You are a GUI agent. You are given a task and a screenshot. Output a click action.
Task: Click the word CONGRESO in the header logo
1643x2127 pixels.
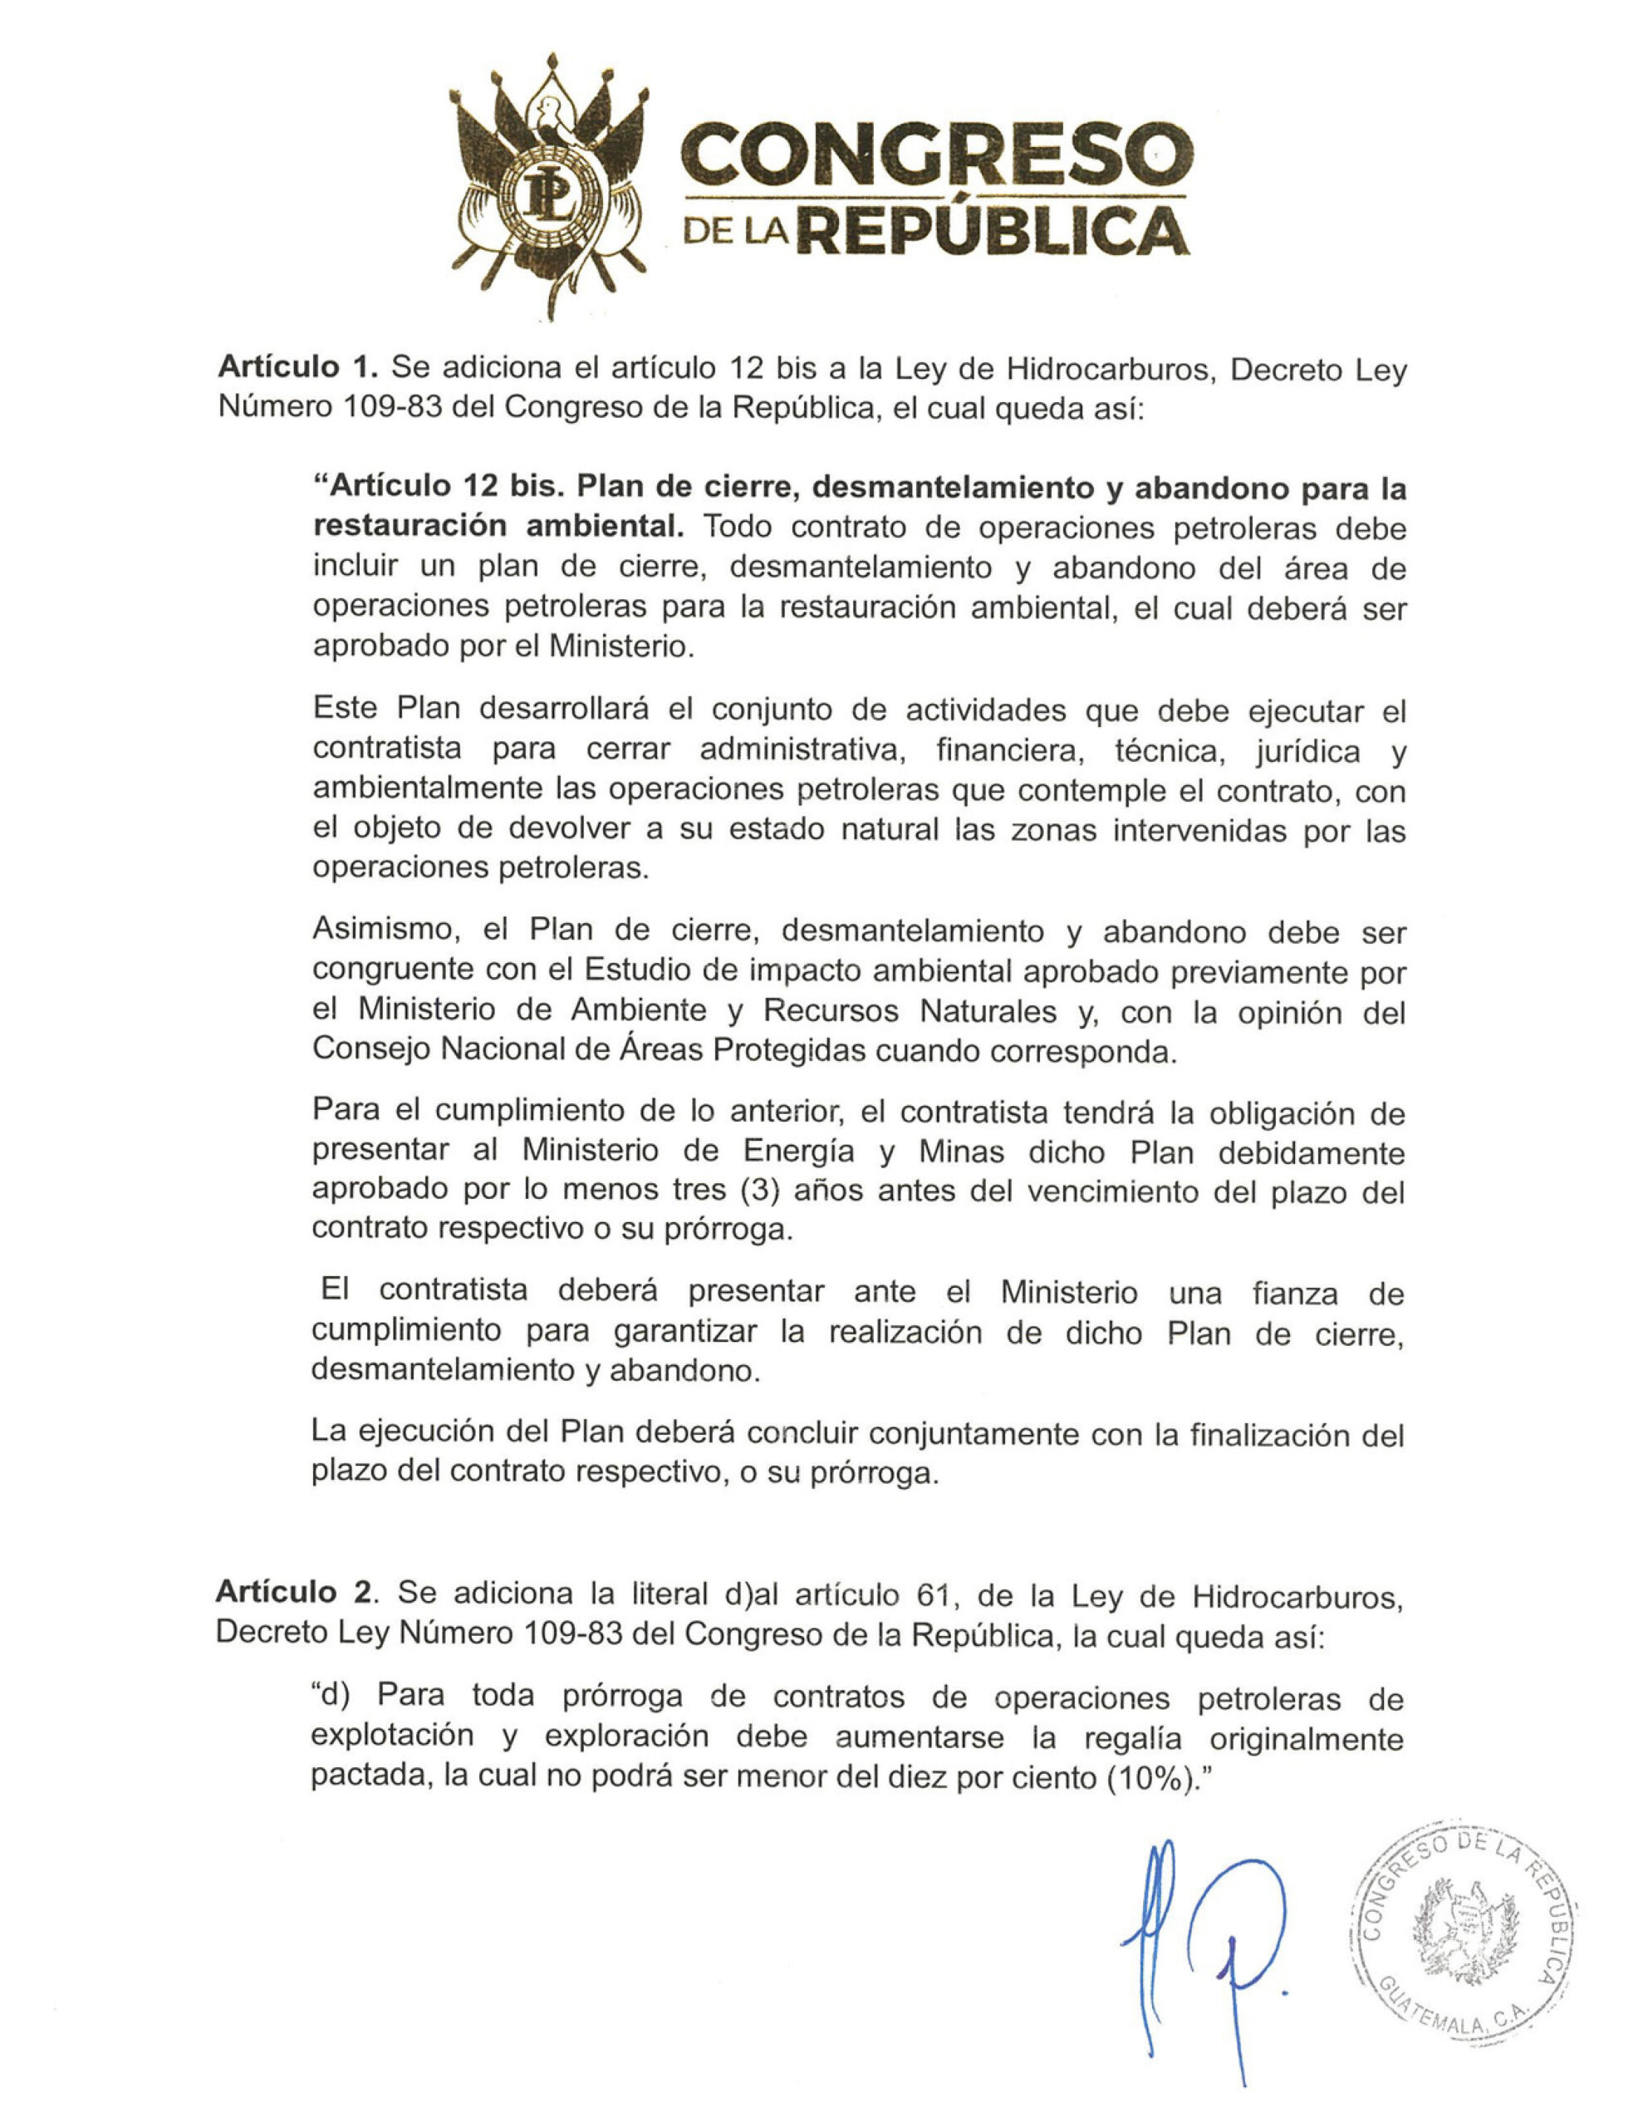[936, 153]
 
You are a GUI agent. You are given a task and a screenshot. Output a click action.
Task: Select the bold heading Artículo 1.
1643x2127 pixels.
[297, 367]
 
